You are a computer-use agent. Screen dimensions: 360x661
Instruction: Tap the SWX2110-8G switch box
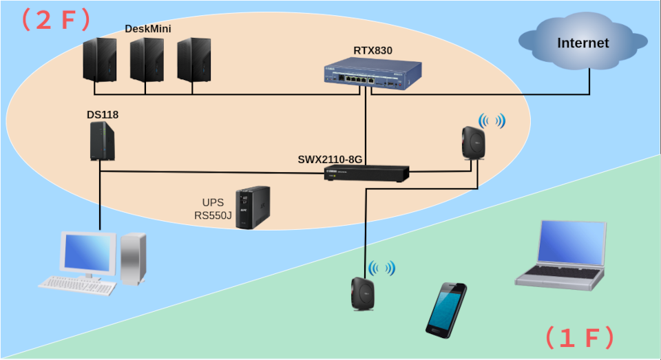367,173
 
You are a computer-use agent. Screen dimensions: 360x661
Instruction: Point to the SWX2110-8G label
330,160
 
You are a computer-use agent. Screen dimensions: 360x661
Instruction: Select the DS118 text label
103,114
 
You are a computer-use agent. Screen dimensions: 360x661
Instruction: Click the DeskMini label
148,28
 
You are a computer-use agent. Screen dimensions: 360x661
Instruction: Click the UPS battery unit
253,207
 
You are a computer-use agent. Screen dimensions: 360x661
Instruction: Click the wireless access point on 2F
474,142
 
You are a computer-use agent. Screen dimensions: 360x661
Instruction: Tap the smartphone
446,310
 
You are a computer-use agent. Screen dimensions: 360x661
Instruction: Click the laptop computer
563,255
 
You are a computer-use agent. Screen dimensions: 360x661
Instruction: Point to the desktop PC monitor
87,253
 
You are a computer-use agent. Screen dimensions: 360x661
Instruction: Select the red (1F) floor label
579,338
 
